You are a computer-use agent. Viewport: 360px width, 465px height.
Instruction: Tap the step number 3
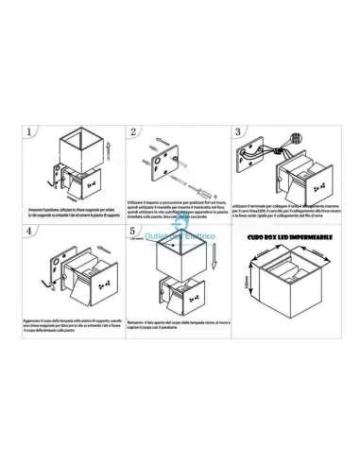238,130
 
